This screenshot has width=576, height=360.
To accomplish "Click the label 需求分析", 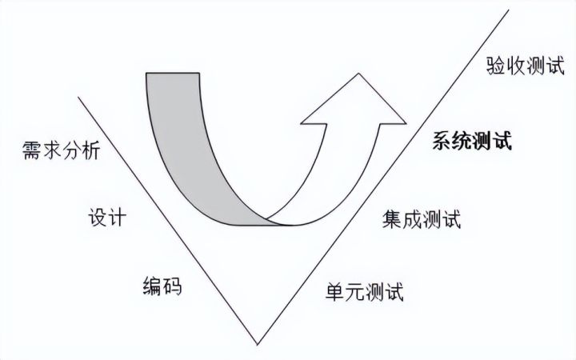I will (62, 150).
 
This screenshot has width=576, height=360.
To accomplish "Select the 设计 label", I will (106, 218).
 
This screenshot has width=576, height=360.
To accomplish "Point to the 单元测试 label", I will (365, 290).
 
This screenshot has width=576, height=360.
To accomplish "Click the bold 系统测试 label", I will (472, 142).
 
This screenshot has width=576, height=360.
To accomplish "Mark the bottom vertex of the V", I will (257, 344).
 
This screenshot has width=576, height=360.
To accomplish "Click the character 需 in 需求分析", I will (33, 150).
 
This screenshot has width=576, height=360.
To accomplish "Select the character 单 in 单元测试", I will (335, 290).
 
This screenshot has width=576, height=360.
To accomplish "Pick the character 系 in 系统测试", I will (442, 142).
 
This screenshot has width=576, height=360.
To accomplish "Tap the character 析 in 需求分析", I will (91, 150).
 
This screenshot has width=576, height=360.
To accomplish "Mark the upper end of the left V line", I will (78, 98).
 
